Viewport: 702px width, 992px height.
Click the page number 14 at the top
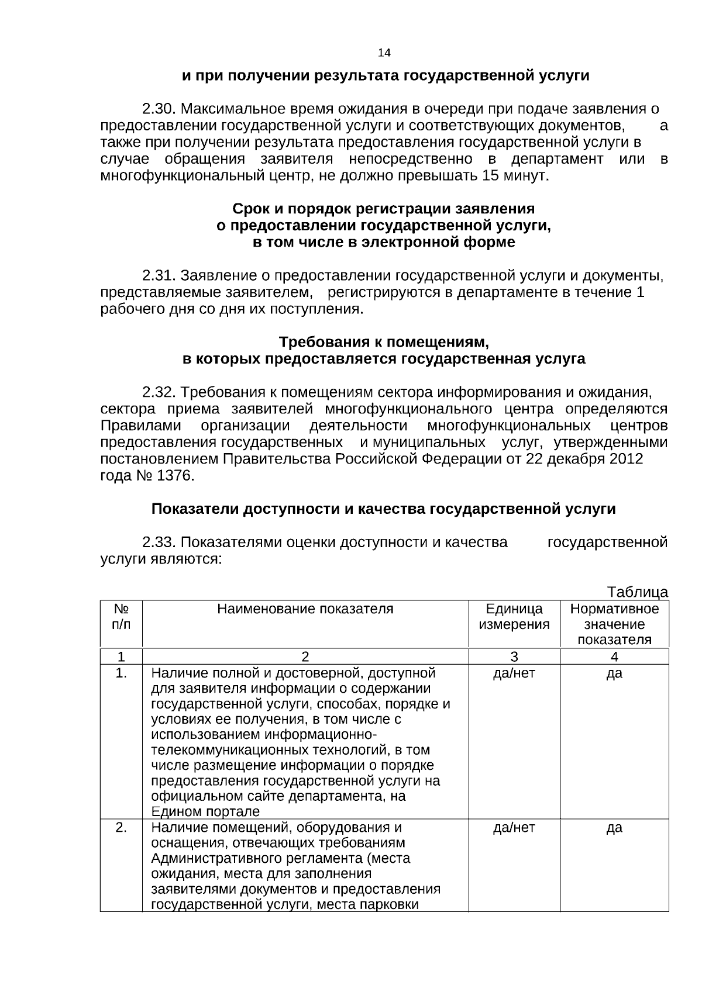(x=384, y=53)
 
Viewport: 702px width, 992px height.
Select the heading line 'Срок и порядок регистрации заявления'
(x=383, y=209)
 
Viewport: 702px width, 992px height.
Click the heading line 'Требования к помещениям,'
(x=383, y=341)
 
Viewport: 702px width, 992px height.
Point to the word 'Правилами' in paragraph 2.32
(x=140, y=425)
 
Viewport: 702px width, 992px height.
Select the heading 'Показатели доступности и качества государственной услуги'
(x=383, y=509)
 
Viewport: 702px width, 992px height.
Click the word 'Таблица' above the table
(x=638, y=592)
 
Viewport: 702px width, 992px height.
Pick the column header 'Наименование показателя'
(x=305, y=609)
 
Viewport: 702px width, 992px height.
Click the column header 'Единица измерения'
(x=514, y=617)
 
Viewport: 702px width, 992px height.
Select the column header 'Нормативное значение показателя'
(x=614, y=624)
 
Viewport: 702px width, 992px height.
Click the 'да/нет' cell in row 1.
(x=514, y=673)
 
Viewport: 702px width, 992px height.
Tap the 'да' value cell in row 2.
(x=614, y=828)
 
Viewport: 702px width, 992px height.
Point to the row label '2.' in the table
(x=121, y=828)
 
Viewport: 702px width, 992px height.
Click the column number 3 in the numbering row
(x=514, y=656)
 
